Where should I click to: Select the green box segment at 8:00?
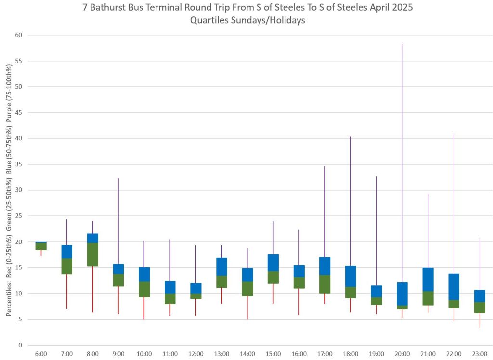coord(92,254)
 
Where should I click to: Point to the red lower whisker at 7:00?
coord(67,292)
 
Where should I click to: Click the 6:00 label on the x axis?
coord(41,354)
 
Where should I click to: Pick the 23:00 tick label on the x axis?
coord(479,354)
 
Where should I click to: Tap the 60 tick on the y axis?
coord(19,35)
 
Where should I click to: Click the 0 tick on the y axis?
coord(21,345)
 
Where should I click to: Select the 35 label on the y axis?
coord(19,164)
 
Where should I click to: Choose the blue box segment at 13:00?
coord(221,267)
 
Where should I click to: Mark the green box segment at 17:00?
coord(324,284)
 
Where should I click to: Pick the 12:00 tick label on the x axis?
coord(196,354)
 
